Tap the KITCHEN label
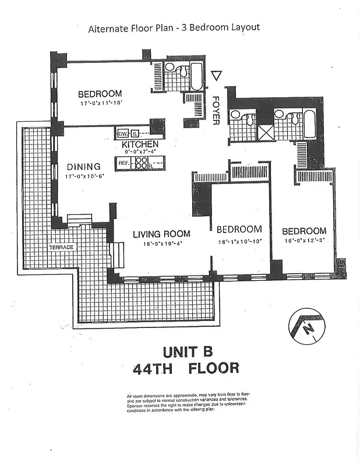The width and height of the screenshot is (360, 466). coord(140,144)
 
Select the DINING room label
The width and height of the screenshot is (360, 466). coord(83,166)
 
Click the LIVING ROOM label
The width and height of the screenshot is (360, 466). coord(161,234)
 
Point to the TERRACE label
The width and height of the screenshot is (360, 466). coord(62,248)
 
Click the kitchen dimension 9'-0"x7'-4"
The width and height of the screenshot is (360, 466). coord(140,153)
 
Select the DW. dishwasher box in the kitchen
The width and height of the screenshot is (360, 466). coord(122,133)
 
